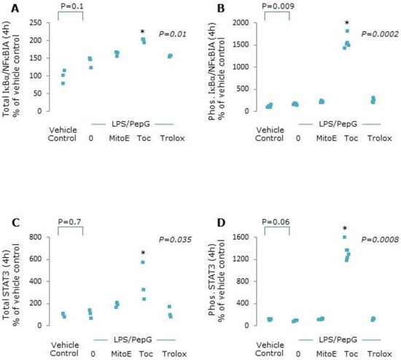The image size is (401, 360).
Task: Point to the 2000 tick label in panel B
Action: click(x=236, y=23)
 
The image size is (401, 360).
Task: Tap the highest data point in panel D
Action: click(x=344, y=238)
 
